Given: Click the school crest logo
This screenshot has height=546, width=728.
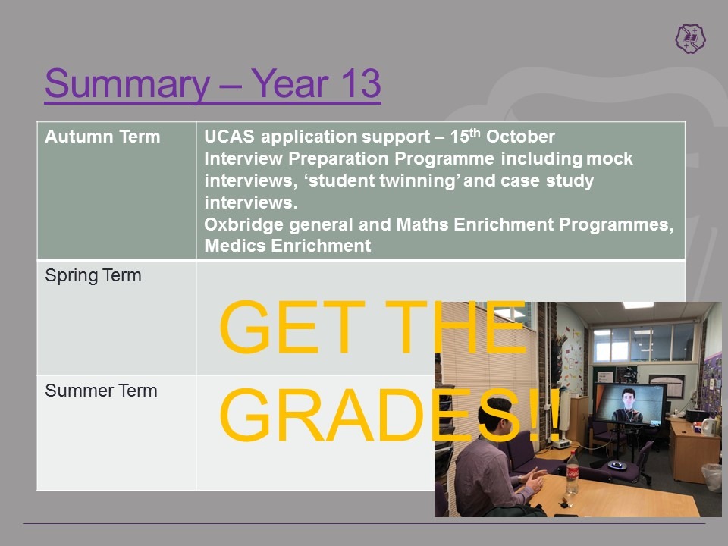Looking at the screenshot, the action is tap(690, 39).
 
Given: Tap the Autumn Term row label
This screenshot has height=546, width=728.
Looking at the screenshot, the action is tap(102, 136).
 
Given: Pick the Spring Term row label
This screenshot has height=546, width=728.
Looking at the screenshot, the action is tap(93, 275).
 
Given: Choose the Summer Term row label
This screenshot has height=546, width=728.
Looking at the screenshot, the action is tap(101, 391).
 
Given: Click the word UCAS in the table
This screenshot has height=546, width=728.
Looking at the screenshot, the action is tap(229, 136).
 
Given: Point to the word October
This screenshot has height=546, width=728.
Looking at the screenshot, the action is tap(520, 136).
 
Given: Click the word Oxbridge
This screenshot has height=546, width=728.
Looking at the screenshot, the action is tap(243, 224).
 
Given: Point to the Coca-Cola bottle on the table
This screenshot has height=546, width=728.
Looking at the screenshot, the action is tap(573, 473).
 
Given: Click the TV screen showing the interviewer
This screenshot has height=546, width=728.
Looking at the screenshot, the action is tap(630, 404).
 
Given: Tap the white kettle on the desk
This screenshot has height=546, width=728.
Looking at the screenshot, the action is tap(708, 425).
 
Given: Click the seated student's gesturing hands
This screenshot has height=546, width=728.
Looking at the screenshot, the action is tap(534, 481).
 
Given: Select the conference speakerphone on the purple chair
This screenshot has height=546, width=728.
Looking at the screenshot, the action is tap(618, 465).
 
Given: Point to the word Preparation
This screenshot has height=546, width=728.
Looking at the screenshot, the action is tap(338, 158).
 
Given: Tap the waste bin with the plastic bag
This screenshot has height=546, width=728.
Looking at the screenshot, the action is tap(712, 476).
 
